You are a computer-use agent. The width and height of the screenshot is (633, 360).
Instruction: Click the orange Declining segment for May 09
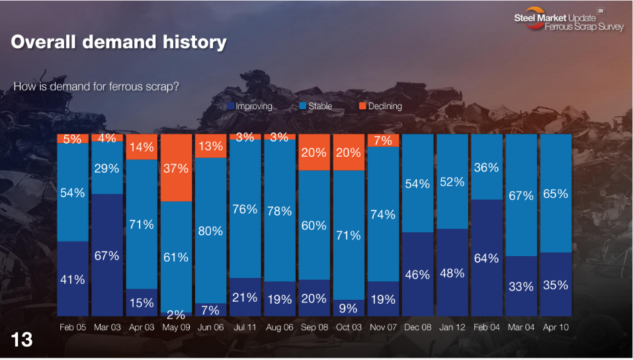pos(176,168)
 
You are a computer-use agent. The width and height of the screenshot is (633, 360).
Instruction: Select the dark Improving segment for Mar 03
pos(107,255)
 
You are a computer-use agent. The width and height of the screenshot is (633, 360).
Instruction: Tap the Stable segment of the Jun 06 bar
pos(210,230)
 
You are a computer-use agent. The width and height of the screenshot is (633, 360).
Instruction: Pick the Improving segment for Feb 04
pos(486,257)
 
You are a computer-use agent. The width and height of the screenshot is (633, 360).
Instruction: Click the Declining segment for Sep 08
pos(314,152)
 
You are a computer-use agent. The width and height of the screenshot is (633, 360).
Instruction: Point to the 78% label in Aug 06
pos(279,211)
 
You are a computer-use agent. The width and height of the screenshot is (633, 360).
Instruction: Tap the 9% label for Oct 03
pos(348,308)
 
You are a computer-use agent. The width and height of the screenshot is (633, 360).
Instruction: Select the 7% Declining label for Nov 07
pos(382,140)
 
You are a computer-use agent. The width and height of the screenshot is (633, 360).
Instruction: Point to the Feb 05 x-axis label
pos(73,327)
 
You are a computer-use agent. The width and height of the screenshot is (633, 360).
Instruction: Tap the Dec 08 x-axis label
pos(417,327)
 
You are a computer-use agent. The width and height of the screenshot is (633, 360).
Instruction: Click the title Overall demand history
pos(119,42)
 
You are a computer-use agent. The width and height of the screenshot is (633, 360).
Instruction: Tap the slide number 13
pos(22,340)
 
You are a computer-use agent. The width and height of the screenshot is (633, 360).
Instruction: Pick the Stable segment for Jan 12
pos(452,182)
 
